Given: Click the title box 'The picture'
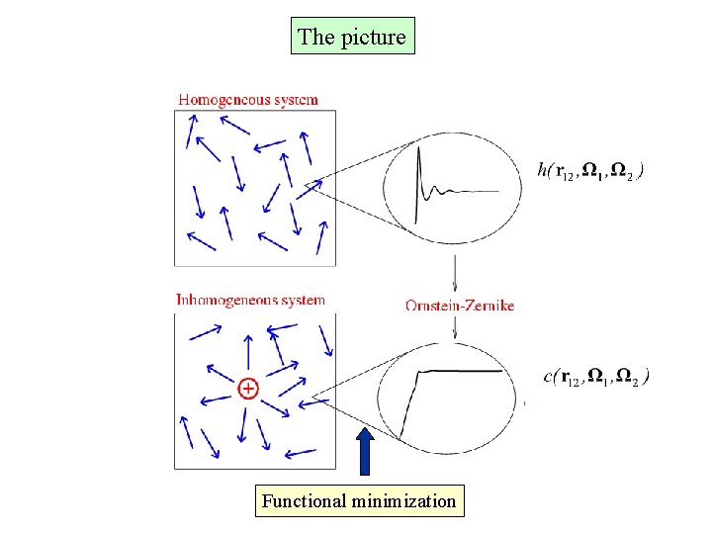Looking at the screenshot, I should tap(352, 37).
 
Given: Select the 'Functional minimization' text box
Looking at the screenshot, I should tap(359, 501).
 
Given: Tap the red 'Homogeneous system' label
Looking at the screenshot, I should tap(248, 99).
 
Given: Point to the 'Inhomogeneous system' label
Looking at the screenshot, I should tap(250, 300).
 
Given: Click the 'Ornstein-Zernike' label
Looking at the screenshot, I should tap(460, 306).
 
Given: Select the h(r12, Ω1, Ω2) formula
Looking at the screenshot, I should tap(591, 171).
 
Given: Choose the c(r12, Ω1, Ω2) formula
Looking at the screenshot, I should tap(596, 376).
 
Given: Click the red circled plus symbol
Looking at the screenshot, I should tap(248, 389).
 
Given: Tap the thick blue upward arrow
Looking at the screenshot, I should tap(366, 452).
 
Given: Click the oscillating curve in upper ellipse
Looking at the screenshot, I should tap(440, 188).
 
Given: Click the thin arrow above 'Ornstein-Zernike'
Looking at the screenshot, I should tap(455, 272).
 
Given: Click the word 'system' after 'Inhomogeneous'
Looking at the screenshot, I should tap(302, 300).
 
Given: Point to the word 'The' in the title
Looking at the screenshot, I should tap(316, 38).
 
